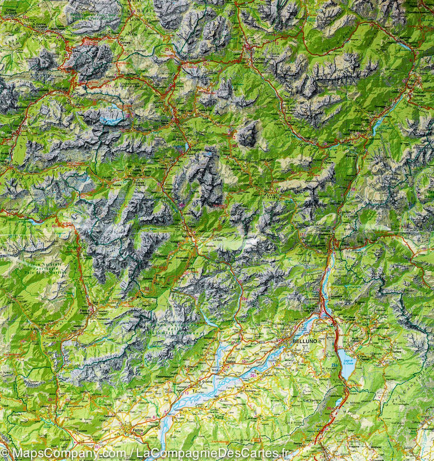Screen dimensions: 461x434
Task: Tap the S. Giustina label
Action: (x=205, y=382)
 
